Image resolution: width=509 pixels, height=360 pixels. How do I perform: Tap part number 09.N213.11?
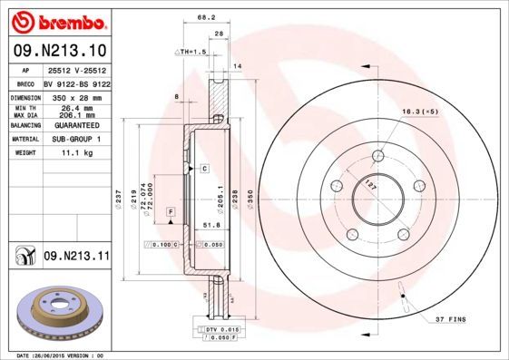[76, 258]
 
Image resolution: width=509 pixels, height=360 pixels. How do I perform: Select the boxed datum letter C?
[205, 169]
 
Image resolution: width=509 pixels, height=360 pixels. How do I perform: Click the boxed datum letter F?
[170, 211]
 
